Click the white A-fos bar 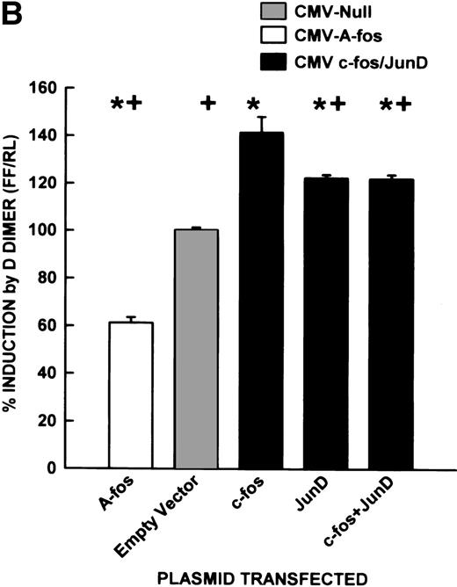(x=131, y=395)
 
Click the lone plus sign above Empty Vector (x=207, y=104)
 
